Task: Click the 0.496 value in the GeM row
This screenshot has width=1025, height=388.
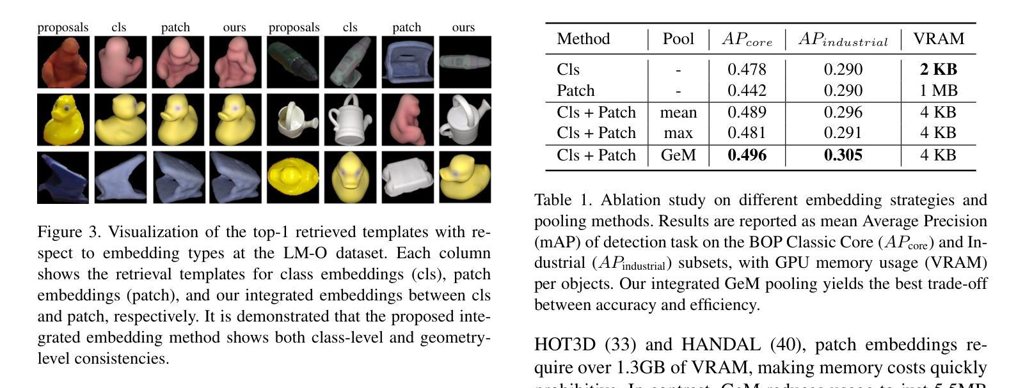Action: coord(747,155)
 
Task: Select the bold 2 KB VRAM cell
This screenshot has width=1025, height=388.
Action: coord(938,69)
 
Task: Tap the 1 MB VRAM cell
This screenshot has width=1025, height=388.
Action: coord(938,91)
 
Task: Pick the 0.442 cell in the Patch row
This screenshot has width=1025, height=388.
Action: coord(747,91)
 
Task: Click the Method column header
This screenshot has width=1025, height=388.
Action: coord(583,39)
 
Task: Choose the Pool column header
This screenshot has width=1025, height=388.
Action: coord(678,39)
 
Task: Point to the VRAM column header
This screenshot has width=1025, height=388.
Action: coord(938,39)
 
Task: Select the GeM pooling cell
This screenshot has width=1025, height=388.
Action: coord(678,155)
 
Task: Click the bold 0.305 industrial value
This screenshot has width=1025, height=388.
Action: coord(843,155)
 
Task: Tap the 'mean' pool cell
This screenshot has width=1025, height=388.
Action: coord(678,113)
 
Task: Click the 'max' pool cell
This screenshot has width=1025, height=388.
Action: coord(678,133)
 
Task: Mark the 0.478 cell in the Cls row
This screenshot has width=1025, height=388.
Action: coord(747,69)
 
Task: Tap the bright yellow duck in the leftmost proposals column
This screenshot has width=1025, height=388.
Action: coord(63,120)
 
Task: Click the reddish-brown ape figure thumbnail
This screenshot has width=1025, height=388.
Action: coord(63,62)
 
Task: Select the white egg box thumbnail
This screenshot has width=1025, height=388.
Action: coord(407,177)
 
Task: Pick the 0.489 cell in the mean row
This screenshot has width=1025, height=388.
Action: coord(747,113)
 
